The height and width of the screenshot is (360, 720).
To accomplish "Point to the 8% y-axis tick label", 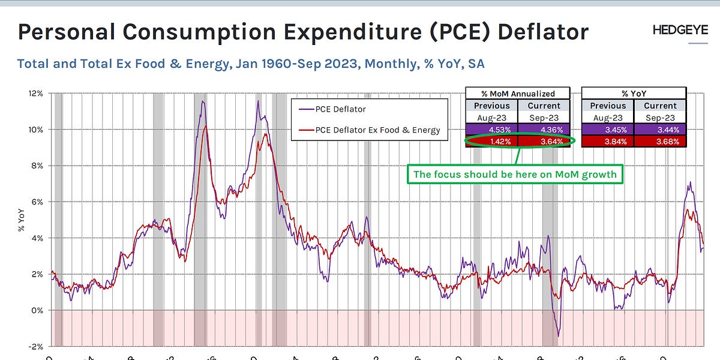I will point(37,166).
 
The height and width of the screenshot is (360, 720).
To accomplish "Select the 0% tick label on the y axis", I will point(37,310).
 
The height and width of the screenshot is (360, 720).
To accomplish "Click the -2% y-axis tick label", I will point(35,346).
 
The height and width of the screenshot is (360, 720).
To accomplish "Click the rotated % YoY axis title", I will point(22,220).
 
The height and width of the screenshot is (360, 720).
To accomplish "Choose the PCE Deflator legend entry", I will point(340,109).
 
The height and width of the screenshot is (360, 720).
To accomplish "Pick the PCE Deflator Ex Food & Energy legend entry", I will point(377,130).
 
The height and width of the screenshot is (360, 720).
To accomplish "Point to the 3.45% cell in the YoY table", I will point(608,129).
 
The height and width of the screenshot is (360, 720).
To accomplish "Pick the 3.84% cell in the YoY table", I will point(608,142).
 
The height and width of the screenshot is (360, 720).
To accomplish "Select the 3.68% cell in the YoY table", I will point(659,142).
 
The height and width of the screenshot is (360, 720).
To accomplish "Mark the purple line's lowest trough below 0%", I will point(558,336).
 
